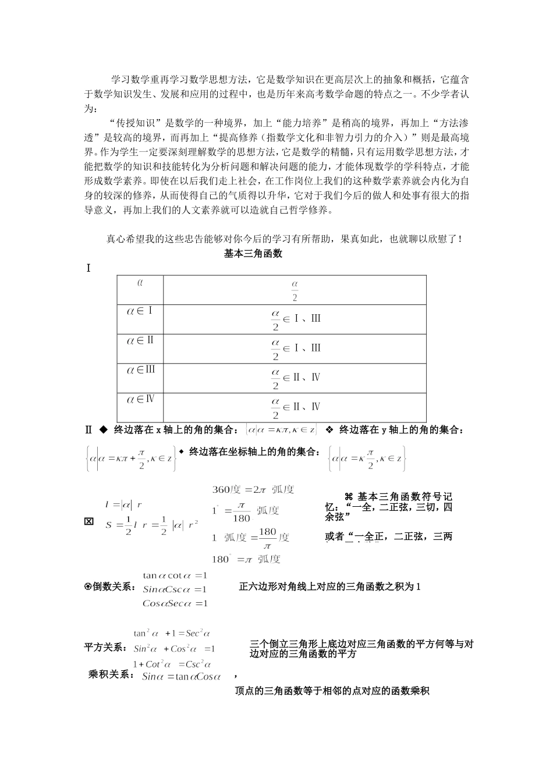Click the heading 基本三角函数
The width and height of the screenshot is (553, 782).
[253, 253]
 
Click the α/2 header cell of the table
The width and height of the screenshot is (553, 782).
[295, 290]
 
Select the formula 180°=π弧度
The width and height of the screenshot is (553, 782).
[246, 559]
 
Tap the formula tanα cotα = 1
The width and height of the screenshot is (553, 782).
[175, 576]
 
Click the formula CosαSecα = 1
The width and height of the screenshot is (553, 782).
[175, 603]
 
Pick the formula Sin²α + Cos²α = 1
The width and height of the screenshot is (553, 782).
[174, 649]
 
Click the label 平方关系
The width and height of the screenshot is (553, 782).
[107, 648]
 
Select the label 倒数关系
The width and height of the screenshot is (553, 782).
[109, 587]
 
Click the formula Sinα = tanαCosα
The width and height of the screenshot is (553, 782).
[182, 676]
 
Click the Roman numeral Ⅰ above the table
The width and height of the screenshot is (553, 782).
[88, 268]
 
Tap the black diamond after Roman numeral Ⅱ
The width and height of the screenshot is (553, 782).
[103, 430]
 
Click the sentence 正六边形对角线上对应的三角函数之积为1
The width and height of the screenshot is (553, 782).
[329, 586]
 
